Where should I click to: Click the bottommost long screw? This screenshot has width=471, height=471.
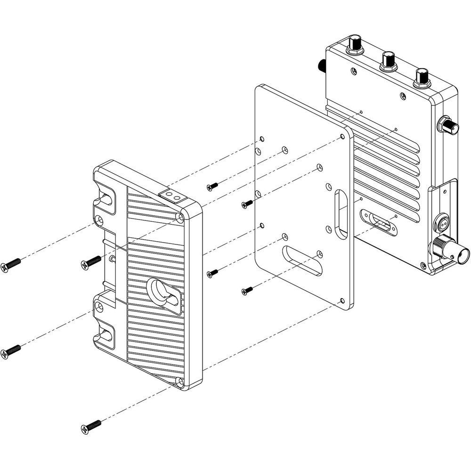[x=91, y=427]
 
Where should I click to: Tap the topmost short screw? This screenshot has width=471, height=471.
[x=212, y=187]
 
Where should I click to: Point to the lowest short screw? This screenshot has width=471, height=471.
[x=247, y=291]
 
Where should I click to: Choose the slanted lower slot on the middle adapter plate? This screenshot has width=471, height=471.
[x=302, y=260]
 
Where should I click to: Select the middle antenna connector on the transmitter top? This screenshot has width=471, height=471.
[x=389, y=60]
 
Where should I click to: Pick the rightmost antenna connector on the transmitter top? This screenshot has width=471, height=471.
[x=422, y=77]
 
